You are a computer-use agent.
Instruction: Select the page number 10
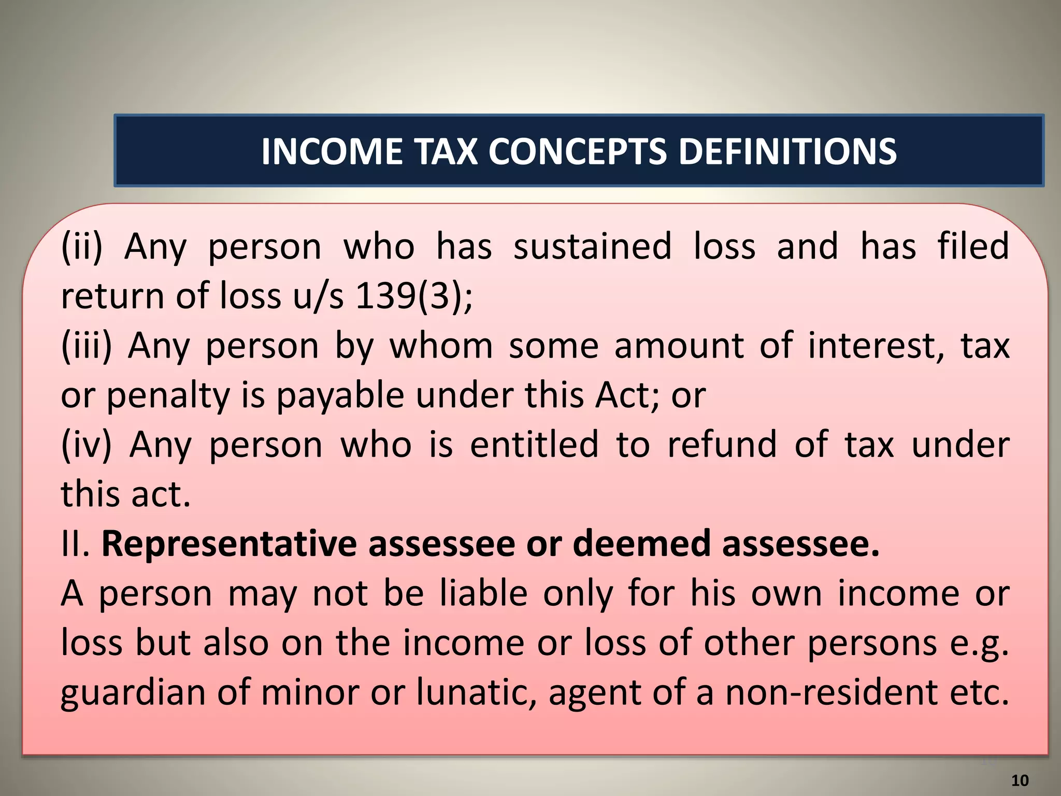pos(1020,780)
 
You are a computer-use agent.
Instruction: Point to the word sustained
pos(592,247)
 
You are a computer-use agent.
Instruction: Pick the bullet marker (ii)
pos(82,247)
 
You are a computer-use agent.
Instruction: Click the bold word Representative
pos(229,544)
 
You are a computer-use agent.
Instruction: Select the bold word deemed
pos(641,544)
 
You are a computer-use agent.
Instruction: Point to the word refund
pos(722,445)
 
